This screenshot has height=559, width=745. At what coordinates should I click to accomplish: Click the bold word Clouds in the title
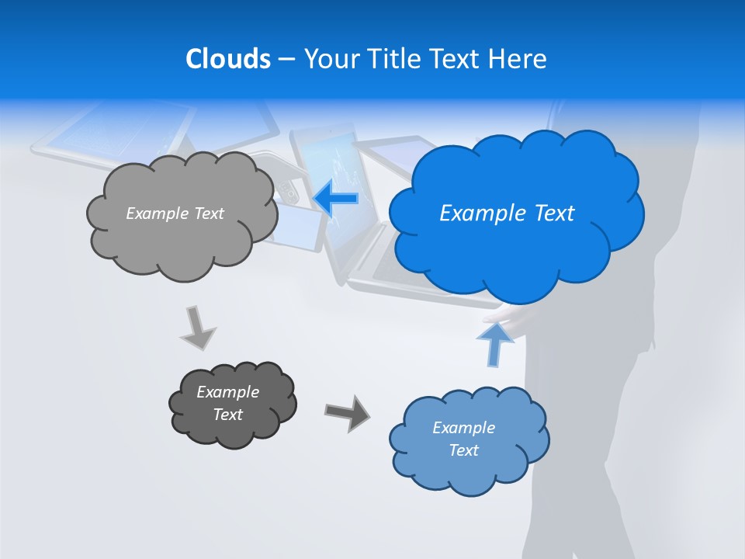click(227, 59)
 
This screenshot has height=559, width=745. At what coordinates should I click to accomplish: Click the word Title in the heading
click(393, 59)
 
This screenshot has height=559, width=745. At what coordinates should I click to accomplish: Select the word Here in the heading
click(521, 59)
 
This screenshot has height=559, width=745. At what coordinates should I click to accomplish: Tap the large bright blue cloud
click(516, 214)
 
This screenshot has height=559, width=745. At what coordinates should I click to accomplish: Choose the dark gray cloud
click(232, 404)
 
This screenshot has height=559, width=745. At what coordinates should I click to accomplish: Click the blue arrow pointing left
click(335, 199)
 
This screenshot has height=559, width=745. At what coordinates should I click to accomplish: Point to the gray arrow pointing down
click(197, 328)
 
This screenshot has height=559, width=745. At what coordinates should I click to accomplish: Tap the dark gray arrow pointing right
click(347, 412)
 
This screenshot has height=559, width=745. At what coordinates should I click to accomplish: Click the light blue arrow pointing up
click(495, 343)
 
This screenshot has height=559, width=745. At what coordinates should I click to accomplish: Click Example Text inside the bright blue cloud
click(507, 214)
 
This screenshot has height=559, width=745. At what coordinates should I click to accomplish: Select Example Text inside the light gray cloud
click(175, 214)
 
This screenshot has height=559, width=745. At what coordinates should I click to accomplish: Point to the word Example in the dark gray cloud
click(227, 392)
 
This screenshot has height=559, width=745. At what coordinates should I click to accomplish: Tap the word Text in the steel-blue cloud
click(464, 450)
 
